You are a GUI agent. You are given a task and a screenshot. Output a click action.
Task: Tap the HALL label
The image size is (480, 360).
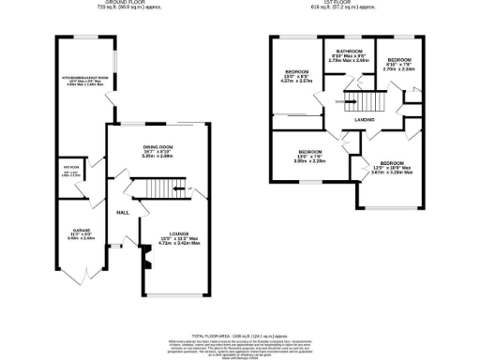tap(122, 213)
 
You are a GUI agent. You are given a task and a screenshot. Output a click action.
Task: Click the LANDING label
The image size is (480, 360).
tap(366, 120)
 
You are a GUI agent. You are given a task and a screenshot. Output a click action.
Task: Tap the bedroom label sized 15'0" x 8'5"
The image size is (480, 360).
tap(297, 73)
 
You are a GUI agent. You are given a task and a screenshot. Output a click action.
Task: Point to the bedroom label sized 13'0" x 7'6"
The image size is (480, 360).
tap(310, 152)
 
